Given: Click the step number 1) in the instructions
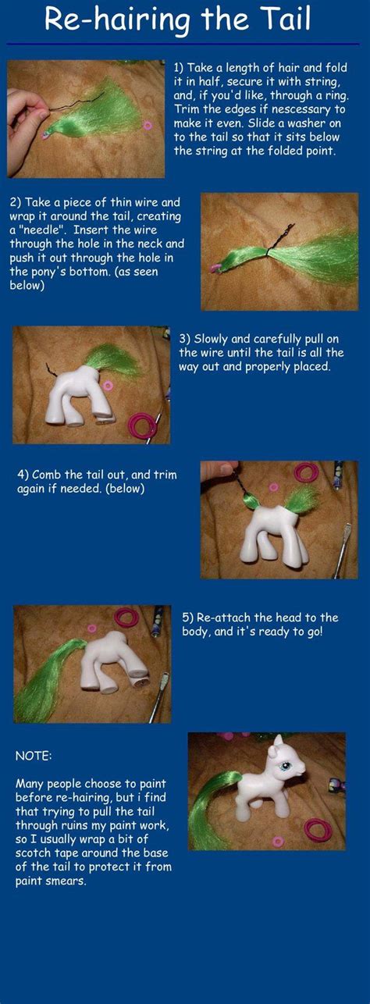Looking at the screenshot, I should click(x=179, y=67).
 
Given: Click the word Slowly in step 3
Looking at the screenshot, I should click(x=213, y=339).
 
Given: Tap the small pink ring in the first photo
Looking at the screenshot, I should click(x=148, y=125).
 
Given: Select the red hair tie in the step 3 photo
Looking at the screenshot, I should click(x=143, y=425).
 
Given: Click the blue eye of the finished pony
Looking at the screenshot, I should click(x=297, y=768).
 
